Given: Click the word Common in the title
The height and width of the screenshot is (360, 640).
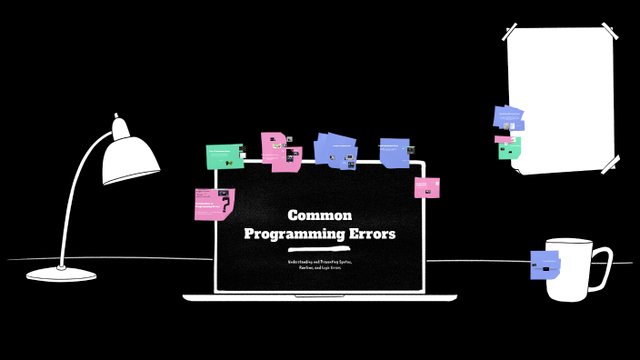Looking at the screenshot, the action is (x=319, y=215).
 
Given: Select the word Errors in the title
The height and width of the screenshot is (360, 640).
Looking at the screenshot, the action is (x=373, y=234).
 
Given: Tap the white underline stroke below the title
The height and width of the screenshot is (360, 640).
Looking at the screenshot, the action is (x=319, y=248).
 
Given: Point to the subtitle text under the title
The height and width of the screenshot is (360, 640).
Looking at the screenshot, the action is (x=319, y=265).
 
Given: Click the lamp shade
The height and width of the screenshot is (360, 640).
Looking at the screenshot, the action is (x=129, y=156).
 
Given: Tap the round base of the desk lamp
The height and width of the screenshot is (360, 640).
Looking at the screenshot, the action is (x=61, y=274).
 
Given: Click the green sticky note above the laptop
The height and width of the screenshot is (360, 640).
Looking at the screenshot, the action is (x=224, y=155).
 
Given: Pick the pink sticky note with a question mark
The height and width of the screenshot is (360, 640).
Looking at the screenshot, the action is (x=214, y=205).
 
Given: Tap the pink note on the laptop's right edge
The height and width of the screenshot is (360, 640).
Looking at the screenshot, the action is (x=426, y=188).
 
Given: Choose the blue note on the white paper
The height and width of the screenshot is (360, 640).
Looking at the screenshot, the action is (x=508, y=117).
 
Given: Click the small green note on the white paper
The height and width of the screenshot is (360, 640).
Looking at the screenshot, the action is (x=509, y=149).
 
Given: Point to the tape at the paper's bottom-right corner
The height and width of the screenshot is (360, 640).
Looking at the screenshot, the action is (x=609, y=164).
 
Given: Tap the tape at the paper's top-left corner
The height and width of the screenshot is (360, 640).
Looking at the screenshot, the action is (x=513, y=35).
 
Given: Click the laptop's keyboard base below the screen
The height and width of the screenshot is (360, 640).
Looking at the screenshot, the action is (x=319, y=297).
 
